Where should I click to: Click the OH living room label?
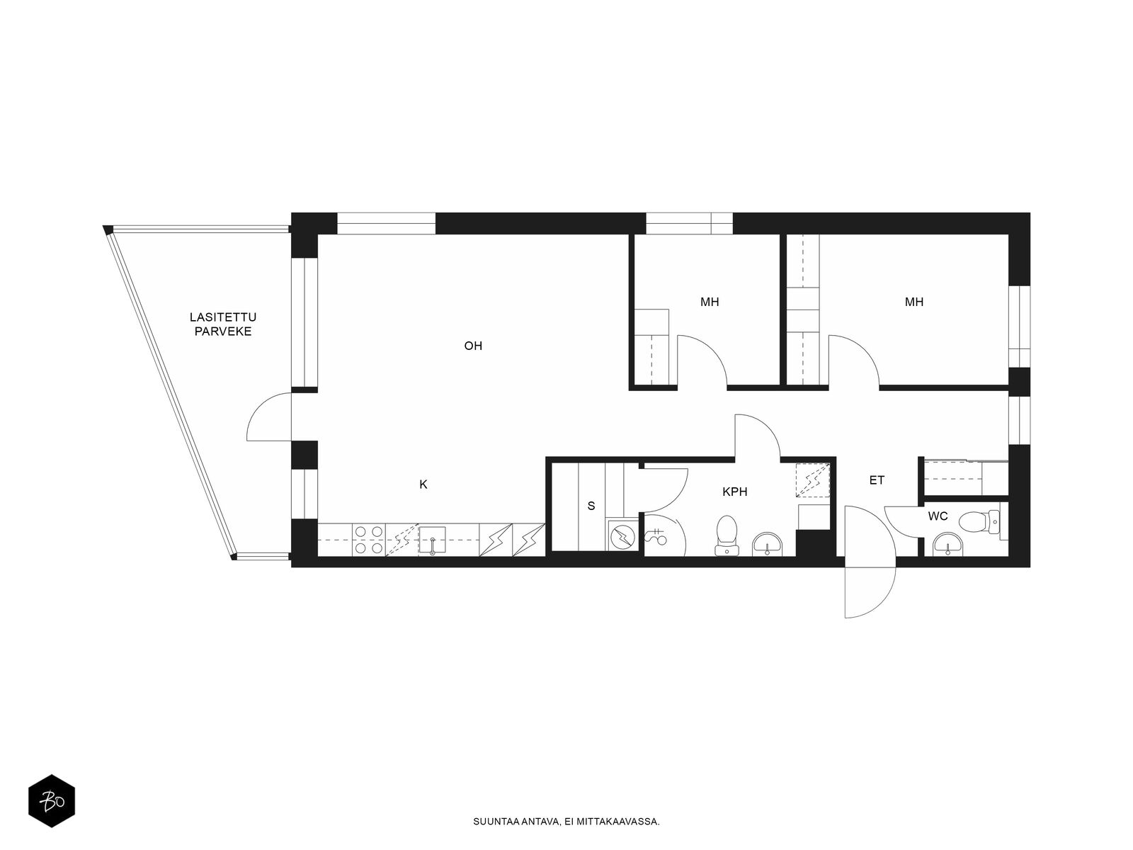[x=473, y=346]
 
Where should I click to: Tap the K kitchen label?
[x=423, y=484]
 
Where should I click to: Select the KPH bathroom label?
[x=734, y=492]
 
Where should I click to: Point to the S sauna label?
[x=591, y=506]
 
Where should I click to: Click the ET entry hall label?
[x=877, y=480]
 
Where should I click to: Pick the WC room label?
[x=938, y=516]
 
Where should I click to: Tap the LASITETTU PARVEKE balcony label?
[x=223, y=324]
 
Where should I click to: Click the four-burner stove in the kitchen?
[x=368, y=540]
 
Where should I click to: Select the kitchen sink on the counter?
[x=431, y=540]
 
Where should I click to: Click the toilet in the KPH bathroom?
[x=727, y=535]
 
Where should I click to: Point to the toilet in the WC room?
[x=979, y=521]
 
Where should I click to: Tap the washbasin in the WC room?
[x=947, y=545]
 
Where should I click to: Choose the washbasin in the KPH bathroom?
[x=768, y=545]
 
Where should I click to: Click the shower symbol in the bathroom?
[x=656, y=537]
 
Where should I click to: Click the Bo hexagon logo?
[x=52, y=801]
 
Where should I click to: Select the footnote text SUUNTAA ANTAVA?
[x=516, y=822]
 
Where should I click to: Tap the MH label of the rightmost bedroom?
[x=913, y=302]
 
